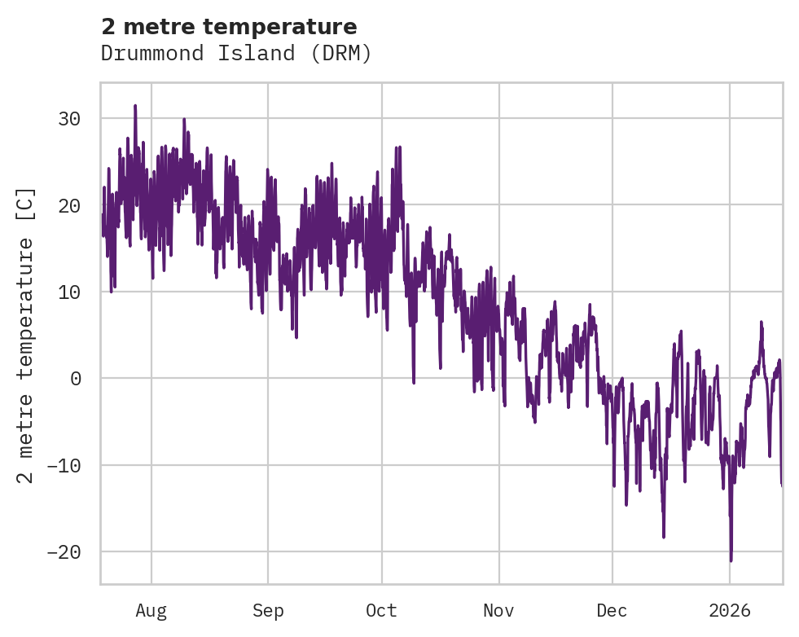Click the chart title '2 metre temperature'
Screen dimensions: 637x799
[x=229, y=27]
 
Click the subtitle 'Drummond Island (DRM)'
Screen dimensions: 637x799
[x=236, y=54]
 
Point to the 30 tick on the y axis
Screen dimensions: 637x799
[x=69, y=119]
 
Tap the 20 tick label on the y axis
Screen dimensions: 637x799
[x=69, y=205]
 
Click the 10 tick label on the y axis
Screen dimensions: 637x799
[x=69, y=292]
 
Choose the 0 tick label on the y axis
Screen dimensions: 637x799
[x=75, y=379]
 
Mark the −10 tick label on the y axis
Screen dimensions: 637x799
[x=64, y=465]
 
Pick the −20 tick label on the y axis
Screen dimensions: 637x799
[x=64, y=552]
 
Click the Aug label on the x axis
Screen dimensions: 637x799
[x=151, y=611]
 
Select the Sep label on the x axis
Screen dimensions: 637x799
[x=268, y=611]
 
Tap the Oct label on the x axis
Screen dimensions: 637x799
[x=381, y=611]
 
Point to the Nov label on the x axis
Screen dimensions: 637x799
[x=499, y=611]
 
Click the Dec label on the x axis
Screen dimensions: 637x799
[x=612, y=611]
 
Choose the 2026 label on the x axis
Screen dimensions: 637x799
[x=730, y=611]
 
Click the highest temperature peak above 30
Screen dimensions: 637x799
[x=135, y=106]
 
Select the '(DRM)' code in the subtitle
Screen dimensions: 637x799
[x=342, y=54]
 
